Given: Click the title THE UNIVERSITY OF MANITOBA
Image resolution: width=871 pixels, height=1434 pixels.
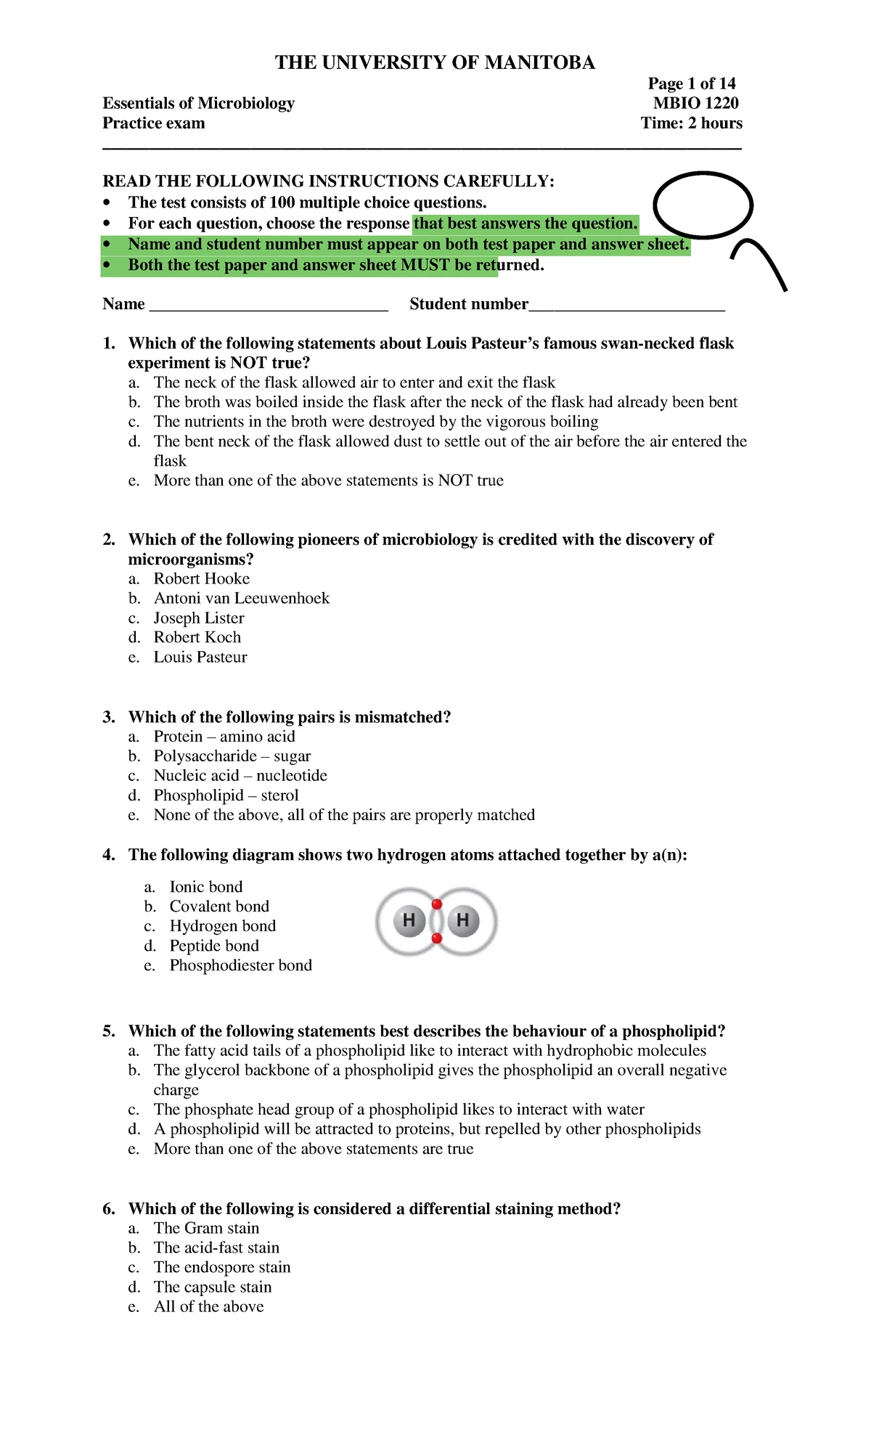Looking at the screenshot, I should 435,62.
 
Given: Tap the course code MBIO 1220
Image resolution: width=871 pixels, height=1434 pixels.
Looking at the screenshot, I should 695,103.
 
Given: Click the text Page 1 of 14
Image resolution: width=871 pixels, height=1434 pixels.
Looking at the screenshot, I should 692,83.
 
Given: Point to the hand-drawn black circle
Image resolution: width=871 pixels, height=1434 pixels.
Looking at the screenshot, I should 703,205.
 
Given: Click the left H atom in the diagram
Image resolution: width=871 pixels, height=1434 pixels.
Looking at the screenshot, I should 409,921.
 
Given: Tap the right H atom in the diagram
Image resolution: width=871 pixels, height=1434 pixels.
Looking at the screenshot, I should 463,921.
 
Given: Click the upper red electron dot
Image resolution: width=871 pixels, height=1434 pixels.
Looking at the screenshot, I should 436,904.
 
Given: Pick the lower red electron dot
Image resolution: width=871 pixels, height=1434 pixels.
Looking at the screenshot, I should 436,938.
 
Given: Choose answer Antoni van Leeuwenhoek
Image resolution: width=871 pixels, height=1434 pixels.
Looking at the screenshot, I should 241,598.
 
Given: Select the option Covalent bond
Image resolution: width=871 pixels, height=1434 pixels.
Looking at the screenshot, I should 219,906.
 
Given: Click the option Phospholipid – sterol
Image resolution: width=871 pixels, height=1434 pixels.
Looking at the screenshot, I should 226,795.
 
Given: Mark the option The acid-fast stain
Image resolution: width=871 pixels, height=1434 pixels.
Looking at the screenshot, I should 216,1247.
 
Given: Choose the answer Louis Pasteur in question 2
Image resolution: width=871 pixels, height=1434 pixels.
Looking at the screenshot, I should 200,657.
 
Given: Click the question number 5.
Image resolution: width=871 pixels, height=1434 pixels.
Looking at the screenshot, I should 109,1031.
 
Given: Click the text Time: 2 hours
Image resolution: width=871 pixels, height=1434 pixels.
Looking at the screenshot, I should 691,123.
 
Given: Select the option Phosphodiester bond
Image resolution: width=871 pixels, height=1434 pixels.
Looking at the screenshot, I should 240,965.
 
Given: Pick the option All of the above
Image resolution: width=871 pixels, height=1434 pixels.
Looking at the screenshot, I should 208,1306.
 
